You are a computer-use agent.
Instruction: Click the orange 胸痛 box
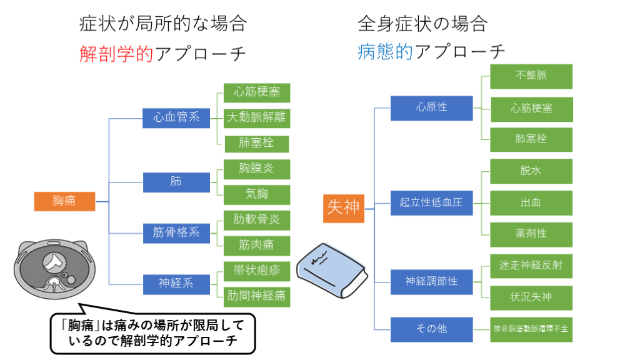(x=64, y=201)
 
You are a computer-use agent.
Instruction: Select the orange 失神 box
(x=344, y=207)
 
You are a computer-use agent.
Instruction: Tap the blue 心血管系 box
(x=177, y=117)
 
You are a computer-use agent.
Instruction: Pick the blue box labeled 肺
(x=177, y=182)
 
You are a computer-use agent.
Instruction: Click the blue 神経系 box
(x=177, y=283)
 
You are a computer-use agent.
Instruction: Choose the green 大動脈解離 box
(x=257, y=117)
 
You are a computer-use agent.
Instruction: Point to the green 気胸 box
(x=257, y=194)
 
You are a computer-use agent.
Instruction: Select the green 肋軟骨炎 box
(x=257, y=219)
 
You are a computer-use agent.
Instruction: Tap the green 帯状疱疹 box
(x=257, y=271)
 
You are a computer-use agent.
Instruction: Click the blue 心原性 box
(x=432, y=107)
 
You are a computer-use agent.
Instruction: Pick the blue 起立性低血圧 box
(x=432, y=202)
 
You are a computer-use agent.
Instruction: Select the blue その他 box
(x=432, y=328)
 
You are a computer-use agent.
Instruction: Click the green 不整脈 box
(x=531, y=75)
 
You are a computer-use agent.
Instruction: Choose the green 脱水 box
(x=531, y=170)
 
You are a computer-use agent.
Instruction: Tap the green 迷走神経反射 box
(x=531, y=265)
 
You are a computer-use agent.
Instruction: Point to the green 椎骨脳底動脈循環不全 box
(x=531, y=328)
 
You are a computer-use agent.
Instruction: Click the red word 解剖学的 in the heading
(x=116, y=54)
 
